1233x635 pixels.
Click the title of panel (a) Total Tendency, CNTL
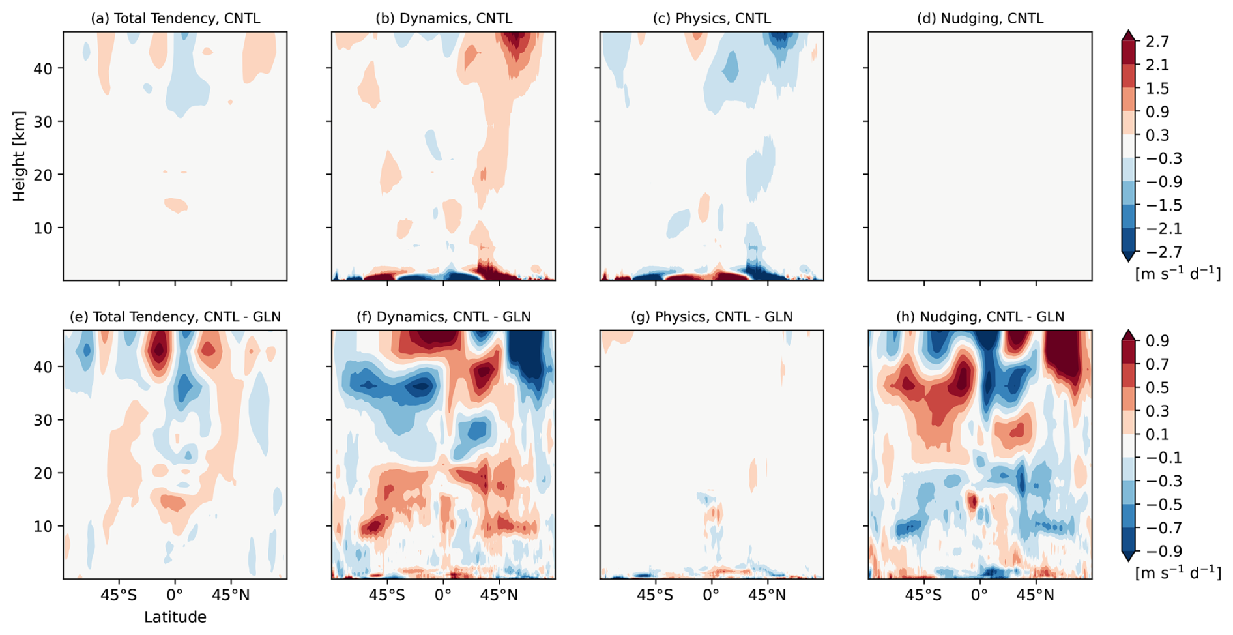(x=175, y=18)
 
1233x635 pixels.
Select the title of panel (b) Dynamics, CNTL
(x=443, y=18)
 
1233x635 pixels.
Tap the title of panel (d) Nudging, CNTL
(x=979, y=18)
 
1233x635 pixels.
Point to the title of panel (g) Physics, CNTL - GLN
(x=712, y=317)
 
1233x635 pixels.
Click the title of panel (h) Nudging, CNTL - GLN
(x=979, y=317)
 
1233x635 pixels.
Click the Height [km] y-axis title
(x=18, y=156)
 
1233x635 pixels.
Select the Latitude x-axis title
(x=175, y=617)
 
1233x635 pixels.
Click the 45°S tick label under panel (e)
(x=119, y=595)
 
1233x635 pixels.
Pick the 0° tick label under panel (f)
(x=443, y=595)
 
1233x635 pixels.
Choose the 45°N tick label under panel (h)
(x=1036, y=595)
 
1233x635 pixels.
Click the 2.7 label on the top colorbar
(x=1157, y=42)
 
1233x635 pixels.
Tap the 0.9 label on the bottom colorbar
(x=1157, y=341)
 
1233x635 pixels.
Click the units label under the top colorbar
(x=1178, y=273)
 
